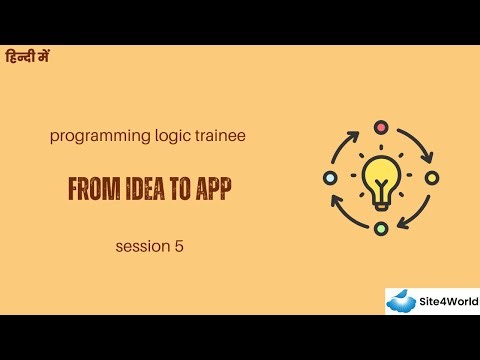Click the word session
[x=141, y=243]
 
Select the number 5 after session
[x=179, y=243]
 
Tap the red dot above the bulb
[x=381, y=126]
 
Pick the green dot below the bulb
[x=381, y=229]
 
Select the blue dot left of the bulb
[x=330, y=177]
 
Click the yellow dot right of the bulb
[x=432, y=177]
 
